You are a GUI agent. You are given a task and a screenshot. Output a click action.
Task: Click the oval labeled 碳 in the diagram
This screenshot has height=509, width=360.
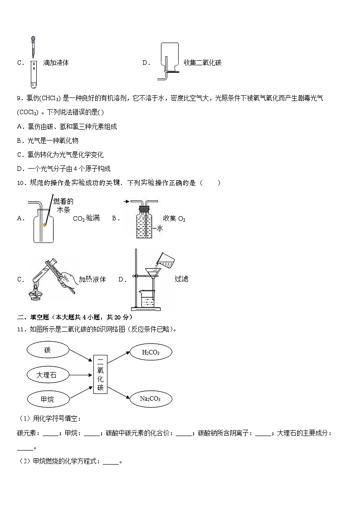click(48, 350)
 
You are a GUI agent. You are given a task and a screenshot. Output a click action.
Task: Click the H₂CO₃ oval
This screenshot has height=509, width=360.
click(151, 352)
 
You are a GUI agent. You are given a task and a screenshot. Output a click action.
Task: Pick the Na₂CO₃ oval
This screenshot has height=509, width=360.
click(151, 399)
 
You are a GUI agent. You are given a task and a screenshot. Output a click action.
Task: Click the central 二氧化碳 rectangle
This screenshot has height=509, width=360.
click(100, 374)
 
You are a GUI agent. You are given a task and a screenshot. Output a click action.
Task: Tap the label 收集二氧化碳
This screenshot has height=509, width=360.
click(202, 63)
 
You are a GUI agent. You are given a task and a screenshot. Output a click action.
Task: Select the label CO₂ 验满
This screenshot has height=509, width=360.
click(86, 218)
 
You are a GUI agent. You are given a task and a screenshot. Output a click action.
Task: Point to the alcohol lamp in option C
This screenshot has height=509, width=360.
click(37, 295)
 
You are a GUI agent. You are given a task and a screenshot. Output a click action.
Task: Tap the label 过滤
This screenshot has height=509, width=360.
click(181, 279)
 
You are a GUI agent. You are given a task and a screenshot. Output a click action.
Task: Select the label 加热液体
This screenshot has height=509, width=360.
click(92, 279)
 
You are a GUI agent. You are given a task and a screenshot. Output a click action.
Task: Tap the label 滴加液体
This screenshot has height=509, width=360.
click(56, 63)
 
